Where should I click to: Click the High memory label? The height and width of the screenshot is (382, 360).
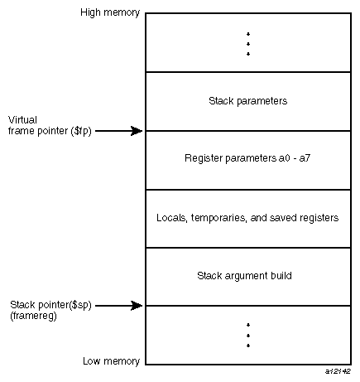tap(110, 14)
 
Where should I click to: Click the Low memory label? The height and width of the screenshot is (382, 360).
tap(112, 361)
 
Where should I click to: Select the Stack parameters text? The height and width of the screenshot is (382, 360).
tap(247, 101)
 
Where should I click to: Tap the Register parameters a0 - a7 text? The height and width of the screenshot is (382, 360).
tap(247, 159)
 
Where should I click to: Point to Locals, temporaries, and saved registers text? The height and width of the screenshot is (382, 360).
tap(247, 218)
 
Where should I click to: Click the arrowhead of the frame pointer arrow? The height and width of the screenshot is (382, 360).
tap(138, 130)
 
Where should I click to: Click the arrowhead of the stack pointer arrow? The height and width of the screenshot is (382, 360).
tap(138, 306)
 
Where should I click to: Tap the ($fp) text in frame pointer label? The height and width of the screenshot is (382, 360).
tap(79, 130)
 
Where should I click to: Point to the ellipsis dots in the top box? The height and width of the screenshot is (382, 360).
tap(247, 44)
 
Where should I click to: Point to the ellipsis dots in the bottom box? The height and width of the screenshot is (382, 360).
tap(247, 335)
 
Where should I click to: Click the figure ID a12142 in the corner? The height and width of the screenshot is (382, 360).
tap(338, 374)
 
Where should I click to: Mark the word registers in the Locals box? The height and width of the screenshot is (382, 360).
tap(317, 218)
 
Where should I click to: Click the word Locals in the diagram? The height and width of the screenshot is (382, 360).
tap(170, 218)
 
